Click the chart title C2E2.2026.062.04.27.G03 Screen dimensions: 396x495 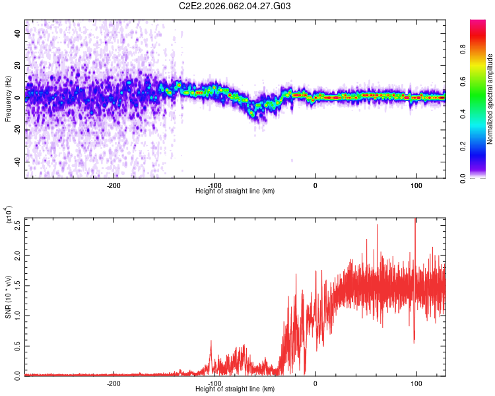pyautogui.click(x=235, y=6)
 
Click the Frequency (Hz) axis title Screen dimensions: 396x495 pyautogui.click(x=8, y=98)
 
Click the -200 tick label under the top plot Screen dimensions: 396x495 pyautogui.click(x=113, y=184)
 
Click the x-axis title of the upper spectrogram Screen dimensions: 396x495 pyautogui.click(x=235, y=191)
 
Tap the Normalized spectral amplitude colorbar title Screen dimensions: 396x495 pyautogui.click(x=490, y=99)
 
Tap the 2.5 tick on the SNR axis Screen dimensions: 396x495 pyautogui.click(x=18, y=224)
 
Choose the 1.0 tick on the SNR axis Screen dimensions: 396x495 pyautogui.click(x=18, y=315)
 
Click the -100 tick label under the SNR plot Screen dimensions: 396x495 pyautogui.click(x=214, y=383)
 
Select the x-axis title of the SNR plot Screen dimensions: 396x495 pyautogui.click(x=235, y=389)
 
